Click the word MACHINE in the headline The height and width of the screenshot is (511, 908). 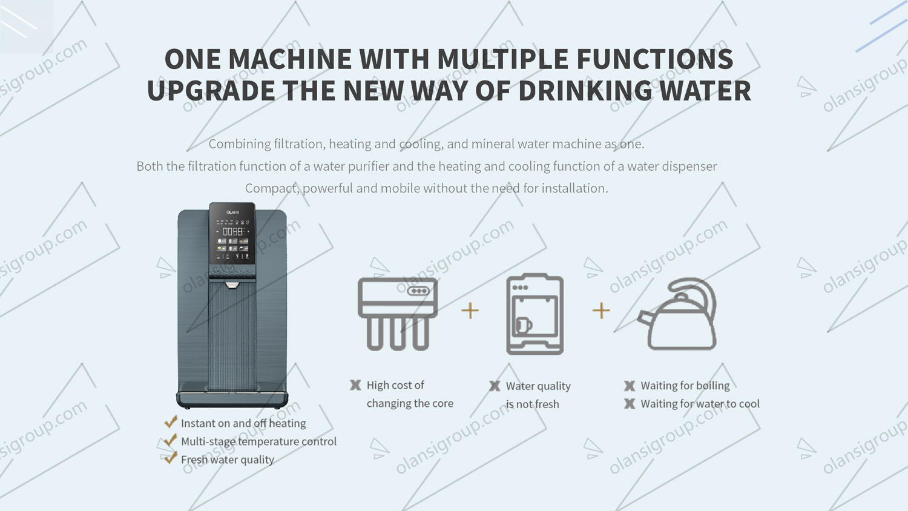pos(290,59)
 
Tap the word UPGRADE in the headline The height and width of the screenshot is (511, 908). pos(211,90)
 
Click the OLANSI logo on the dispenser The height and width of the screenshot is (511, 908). pos(232,212)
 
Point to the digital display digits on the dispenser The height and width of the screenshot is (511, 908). pos(232,231)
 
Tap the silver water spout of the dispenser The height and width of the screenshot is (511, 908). pos(232,285)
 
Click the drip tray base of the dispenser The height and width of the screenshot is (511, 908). pos(232,400)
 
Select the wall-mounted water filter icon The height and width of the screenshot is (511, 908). pos(398,314)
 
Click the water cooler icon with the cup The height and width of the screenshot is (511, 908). pos(535,314)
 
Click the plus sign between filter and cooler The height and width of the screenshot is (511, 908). pos(470,311)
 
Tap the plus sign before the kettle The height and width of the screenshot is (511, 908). pos(601,311)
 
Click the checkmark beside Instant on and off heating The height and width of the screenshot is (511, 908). pos(171,422)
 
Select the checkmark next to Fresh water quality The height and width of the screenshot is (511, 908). pos(171,458)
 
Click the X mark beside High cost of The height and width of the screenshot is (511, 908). pos(355,385)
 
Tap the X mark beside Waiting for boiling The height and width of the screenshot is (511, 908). pos(630,386)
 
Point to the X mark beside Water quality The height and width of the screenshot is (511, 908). pos(495,386)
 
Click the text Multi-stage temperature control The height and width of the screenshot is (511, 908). pos(258,441)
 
